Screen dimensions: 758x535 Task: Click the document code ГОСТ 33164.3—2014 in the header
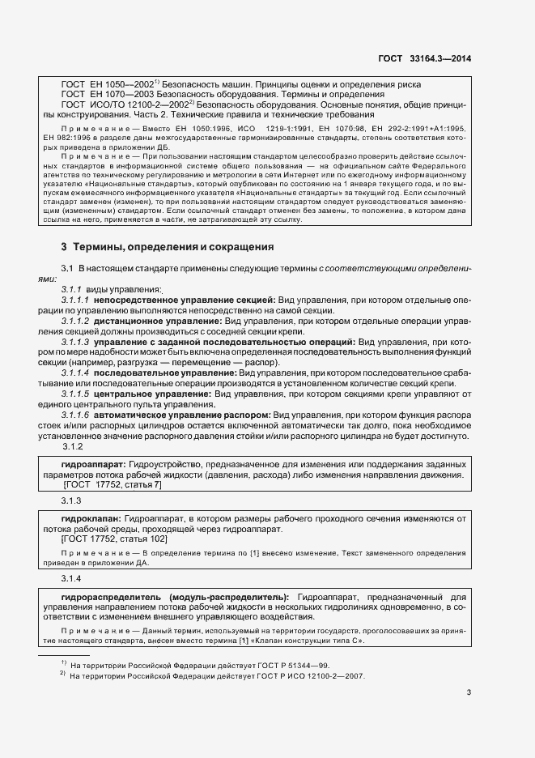[x=425, y=58]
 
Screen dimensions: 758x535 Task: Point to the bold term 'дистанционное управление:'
[x=158, y=322]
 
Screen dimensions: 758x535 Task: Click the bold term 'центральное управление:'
[x=153, y=394]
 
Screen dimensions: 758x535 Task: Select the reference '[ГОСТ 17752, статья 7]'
[x=113, y=484]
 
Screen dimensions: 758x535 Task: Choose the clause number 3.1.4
[x=72, y=578]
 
